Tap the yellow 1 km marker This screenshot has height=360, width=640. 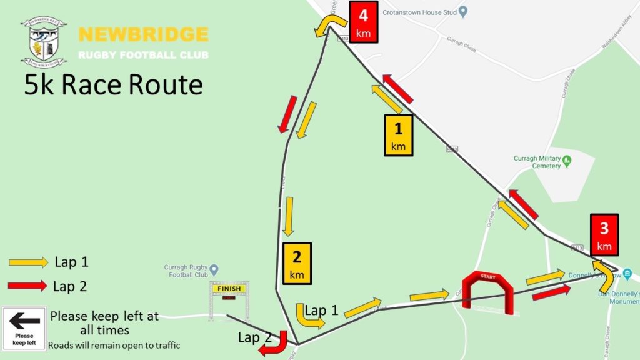click(399, 135)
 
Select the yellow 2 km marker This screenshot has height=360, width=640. click(297, 263)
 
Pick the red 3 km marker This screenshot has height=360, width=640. click(604, 234)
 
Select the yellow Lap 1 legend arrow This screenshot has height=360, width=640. click(28, 262)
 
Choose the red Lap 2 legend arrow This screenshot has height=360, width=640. click(28, 286)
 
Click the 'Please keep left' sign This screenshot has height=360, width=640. click(24, 328)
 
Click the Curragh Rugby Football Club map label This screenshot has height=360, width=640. click(186, 271)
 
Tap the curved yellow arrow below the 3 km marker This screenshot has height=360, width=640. click(604, 274)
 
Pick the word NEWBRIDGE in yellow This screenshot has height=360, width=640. click(143, 34)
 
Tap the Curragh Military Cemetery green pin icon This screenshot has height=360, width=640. click(567, 161)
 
